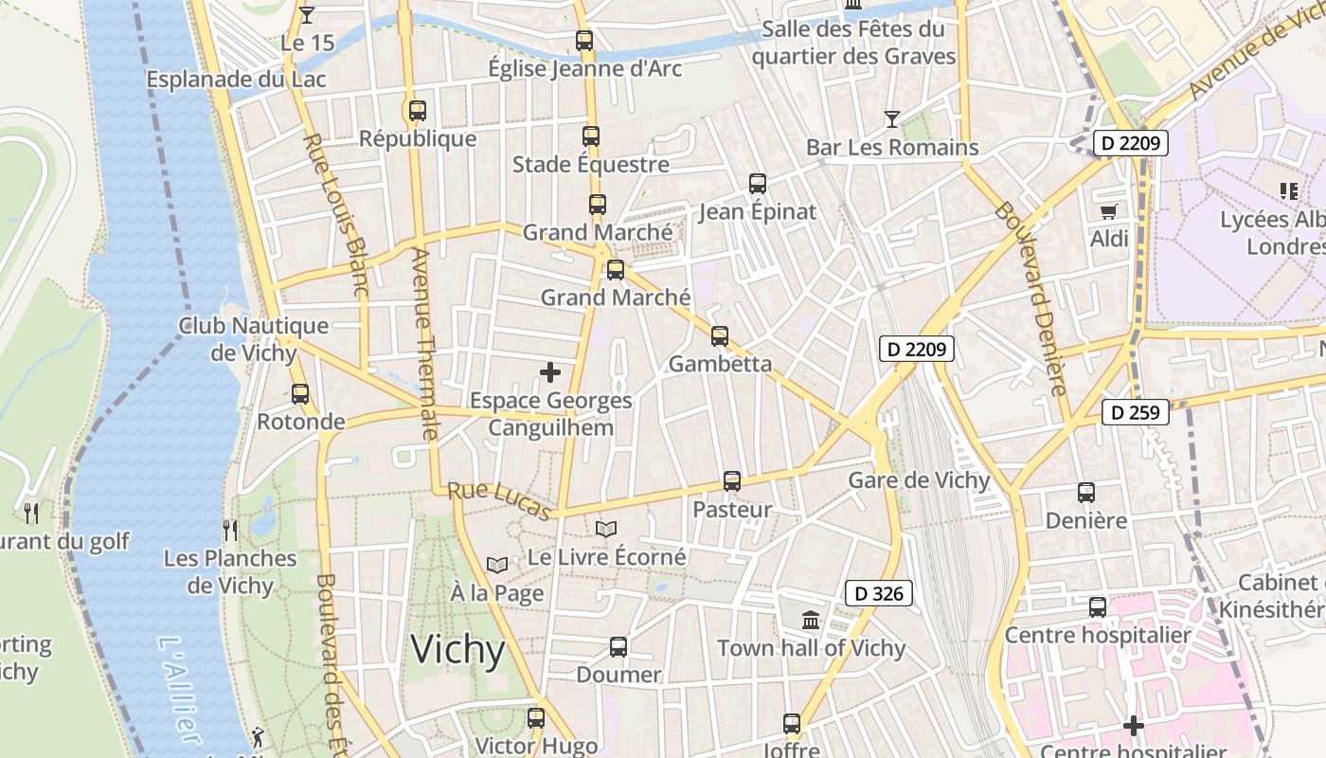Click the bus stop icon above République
[x=418, y=110]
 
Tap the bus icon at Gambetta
[x=720, y=335]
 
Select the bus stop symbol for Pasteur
[x=732, y=481]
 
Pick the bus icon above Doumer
[x=618, y=647]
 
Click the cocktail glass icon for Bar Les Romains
[x=891, y=119]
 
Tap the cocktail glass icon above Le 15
[x=306, y=14]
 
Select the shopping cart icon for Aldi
[x=1108, y=210]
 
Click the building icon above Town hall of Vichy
[x=811, y=621]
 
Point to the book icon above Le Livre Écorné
[x=606, y=529]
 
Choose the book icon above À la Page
[x=497, y=565]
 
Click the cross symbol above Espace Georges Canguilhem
[x=550, y=372]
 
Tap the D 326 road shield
[x=878, y=594]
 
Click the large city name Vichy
[x=457, y=651]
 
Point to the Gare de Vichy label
[x=919, y=479]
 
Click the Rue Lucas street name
[x=499, y=500]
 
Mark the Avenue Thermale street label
[x=424, y=343]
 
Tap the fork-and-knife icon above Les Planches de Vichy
[x=229, y=529]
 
